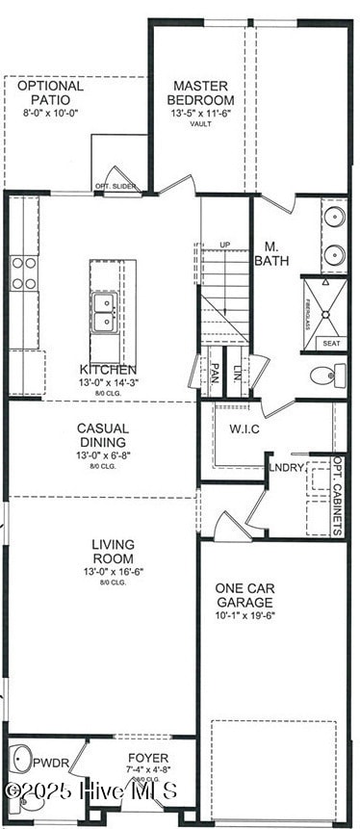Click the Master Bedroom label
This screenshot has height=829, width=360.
200,92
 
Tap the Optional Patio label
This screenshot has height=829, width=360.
51,92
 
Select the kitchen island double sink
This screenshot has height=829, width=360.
105,312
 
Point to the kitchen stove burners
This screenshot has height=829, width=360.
24,273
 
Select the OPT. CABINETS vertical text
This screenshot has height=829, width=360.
338,495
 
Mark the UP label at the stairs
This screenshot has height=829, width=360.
226,245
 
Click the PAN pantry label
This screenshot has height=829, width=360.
216,372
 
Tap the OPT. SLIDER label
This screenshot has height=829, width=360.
113,186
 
